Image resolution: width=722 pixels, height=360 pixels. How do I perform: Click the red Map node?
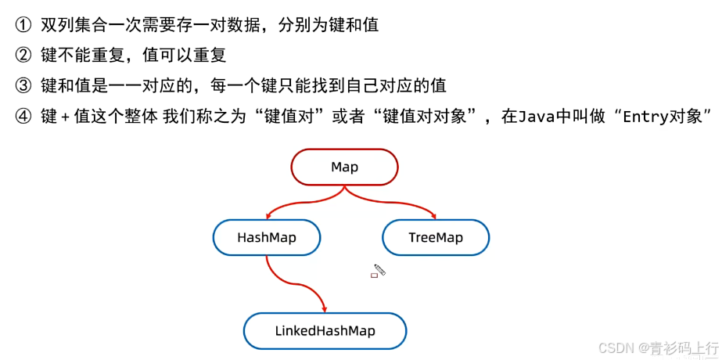pos(344,167)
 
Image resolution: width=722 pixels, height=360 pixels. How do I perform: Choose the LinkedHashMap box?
pos(325,330)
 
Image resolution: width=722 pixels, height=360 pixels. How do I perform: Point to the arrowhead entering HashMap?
pos(269,214)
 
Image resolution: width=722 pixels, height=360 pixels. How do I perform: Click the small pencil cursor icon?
pos(379,271)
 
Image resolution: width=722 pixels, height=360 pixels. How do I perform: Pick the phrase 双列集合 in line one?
pos(71,25)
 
